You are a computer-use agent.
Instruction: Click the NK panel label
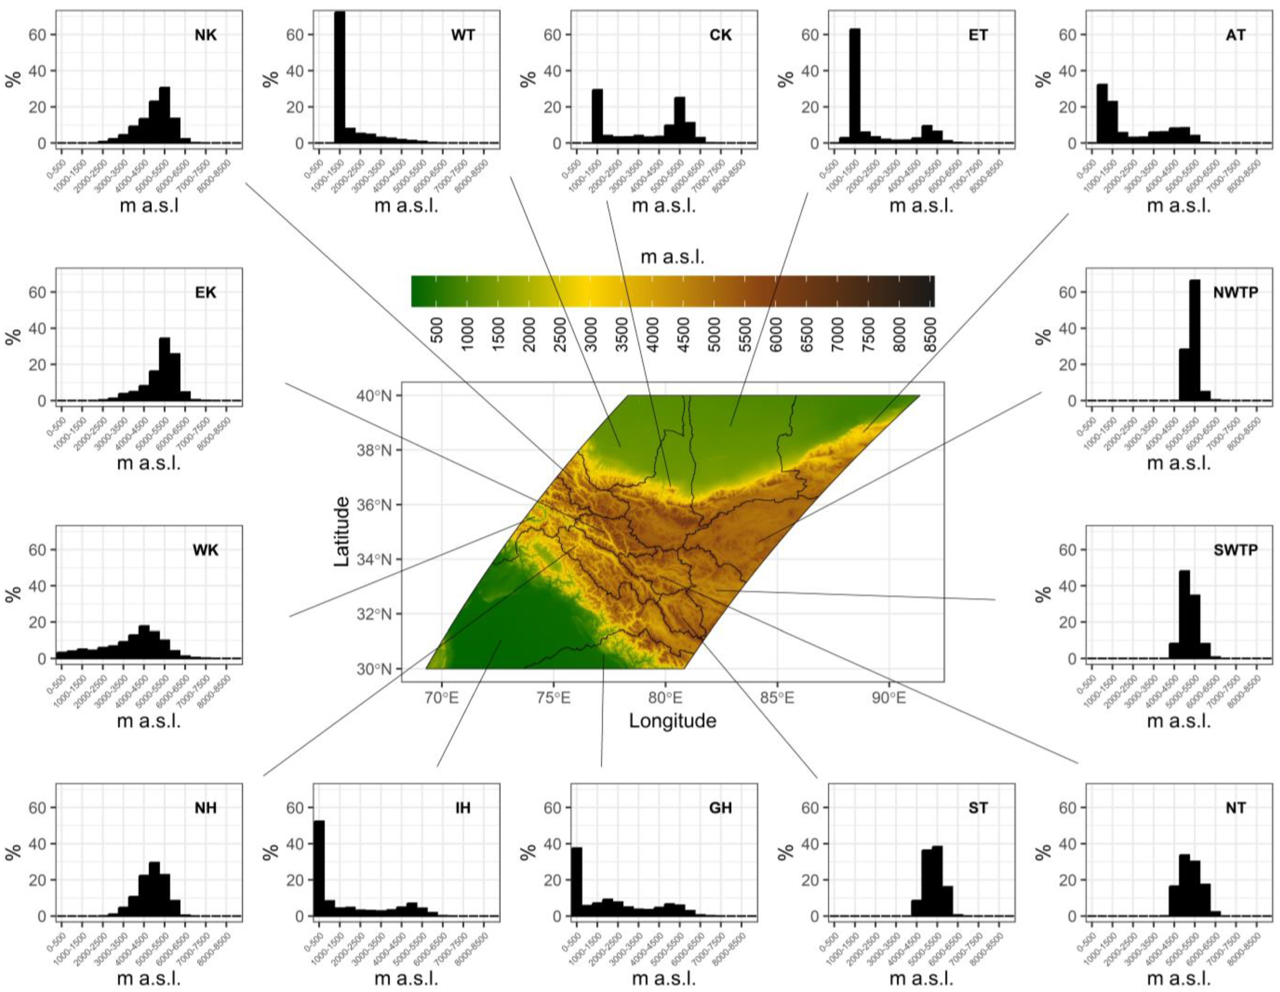tap(206, 35)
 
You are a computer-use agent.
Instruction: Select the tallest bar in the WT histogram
tap(339, 78)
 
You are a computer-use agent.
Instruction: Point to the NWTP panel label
tap(1235, 292)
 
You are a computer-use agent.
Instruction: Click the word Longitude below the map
tap(672, 721)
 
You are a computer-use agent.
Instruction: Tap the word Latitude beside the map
tap(342, 532)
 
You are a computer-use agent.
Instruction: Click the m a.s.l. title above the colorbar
tap(672, 257)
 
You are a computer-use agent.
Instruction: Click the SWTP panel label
tap(1235, 550)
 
